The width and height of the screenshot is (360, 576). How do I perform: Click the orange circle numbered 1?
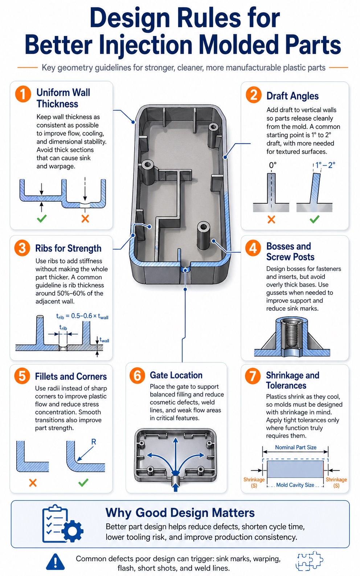(x=23, y=94)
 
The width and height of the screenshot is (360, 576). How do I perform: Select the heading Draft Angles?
(x=292, y=96)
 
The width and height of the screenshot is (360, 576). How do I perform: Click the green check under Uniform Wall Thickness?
(x=42, y=219)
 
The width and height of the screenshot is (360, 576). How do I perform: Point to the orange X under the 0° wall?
(x=271, y=219)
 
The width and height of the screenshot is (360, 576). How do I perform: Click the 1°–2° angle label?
(x=325, y=165)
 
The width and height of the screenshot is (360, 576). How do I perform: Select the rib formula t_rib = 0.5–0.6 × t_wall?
(x=82, y=316)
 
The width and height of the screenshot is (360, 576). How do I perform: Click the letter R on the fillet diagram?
(x=94, y=442)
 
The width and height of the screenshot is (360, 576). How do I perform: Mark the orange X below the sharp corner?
(x=33, y=483)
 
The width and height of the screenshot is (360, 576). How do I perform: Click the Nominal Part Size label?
(x=295, y=447)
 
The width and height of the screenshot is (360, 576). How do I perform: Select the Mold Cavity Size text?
(x=295, y=485)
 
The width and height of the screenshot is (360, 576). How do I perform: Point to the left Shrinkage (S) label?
(x=254, y=482)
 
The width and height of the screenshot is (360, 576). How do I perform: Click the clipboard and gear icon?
(x=62, y=524)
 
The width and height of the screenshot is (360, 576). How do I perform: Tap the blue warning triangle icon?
(x=55, y=562)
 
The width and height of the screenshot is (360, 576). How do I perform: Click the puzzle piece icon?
(x=309, y=561)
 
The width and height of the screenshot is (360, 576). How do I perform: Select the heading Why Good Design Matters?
(x=180, y=512)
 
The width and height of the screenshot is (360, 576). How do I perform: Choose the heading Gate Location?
(x=176, y=375)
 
